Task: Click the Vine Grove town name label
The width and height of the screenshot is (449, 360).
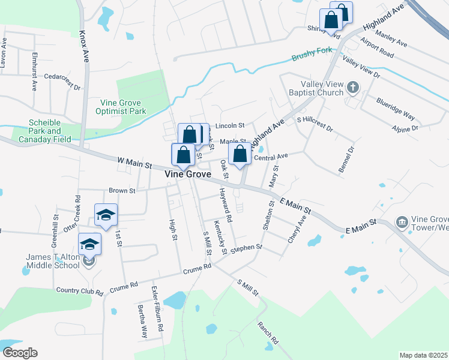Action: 188,174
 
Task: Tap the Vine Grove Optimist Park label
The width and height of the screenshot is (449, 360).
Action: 121,107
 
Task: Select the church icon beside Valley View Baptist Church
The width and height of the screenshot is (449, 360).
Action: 352,89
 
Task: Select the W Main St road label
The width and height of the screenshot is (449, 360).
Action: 133,161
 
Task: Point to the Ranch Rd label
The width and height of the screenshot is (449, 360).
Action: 268,332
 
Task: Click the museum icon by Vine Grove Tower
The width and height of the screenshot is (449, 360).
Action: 400,223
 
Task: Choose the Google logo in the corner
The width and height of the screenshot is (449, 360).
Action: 20,352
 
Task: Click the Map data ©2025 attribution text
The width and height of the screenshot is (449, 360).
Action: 423,355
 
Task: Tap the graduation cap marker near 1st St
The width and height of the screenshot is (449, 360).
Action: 106,215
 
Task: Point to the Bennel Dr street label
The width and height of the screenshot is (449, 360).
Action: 346,159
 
